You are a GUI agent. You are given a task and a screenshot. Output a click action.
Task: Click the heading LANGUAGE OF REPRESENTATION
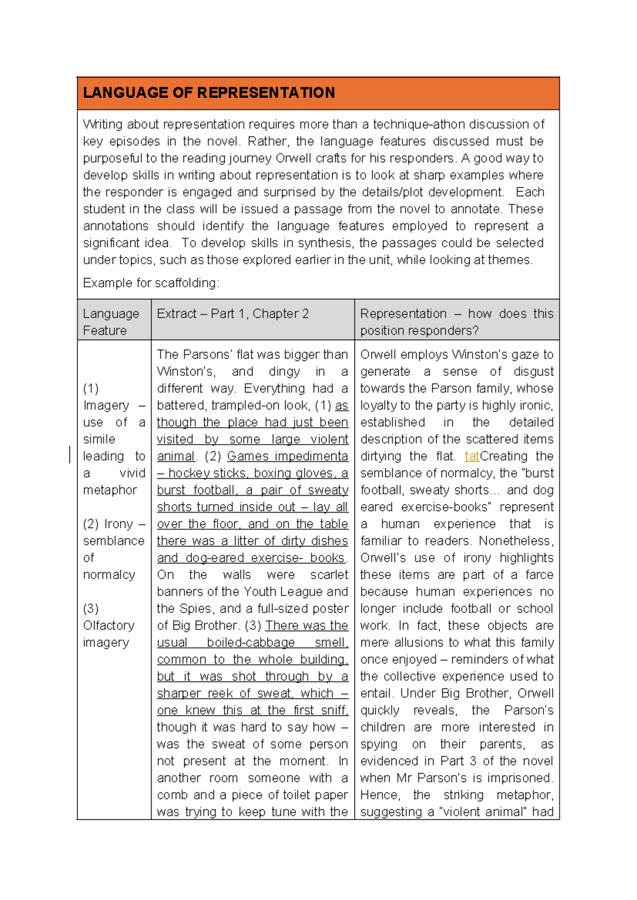tap(209, 93)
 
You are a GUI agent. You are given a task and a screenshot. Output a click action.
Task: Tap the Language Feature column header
tap(110, 322)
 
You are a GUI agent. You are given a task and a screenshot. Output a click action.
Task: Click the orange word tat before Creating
tap(471, 456)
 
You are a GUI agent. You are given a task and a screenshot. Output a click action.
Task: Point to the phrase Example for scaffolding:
tap(151, 283)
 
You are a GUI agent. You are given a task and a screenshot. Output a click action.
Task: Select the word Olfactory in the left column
tap(108, 626)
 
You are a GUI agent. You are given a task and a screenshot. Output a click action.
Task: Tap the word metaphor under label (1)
tap(110, 490)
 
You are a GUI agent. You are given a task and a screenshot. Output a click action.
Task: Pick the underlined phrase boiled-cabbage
tap(251, 643)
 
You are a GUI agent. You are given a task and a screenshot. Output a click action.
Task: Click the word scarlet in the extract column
tap(329, 575)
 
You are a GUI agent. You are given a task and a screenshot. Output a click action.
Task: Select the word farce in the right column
tap(539, 575)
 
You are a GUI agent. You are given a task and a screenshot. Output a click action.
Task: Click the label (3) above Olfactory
tap(91, 609)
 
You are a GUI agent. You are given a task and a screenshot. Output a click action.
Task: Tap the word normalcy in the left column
tap(109, 575)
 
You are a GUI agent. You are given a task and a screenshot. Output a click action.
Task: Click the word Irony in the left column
tap(118, 524)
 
